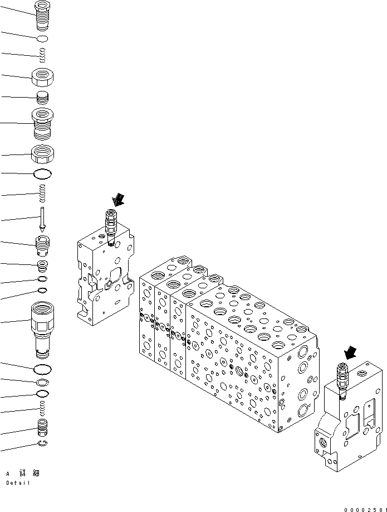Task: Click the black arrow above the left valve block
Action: (x=119, y=199)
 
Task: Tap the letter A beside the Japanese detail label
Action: (x=8, y=474)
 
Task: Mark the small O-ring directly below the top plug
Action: (x=42, y=38)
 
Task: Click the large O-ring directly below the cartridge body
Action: (x=42, y=369)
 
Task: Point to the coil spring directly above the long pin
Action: (x=42, y=195)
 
